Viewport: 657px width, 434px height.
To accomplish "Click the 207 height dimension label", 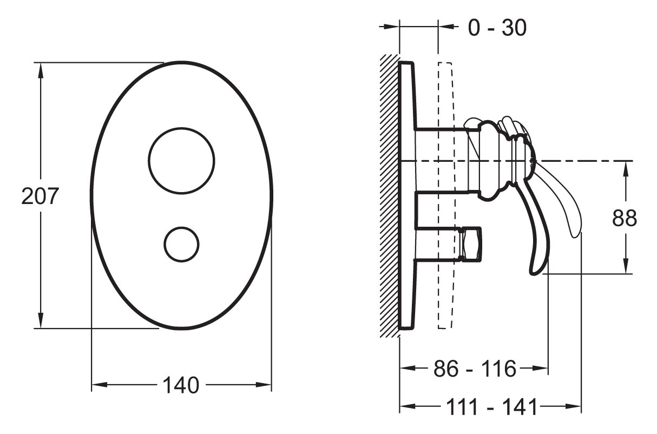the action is [x=40, y=196].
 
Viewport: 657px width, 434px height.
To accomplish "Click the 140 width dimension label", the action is [x=181, y=385].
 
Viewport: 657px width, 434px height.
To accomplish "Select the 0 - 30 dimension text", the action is [x=497, y=28].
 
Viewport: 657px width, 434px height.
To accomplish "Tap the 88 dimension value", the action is [x=625, y=218].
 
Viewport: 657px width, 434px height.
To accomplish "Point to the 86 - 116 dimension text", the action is [x=475, y=369].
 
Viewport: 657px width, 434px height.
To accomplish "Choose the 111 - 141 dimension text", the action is [x=491, y=407].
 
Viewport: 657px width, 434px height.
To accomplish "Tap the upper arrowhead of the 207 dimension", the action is [x=41, y=70].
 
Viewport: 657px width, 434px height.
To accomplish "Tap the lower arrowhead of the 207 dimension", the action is [x=41, y=320].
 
